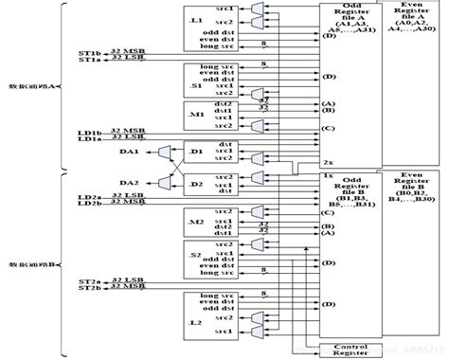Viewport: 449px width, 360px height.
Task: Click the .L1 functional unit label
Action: [x=196, y=20]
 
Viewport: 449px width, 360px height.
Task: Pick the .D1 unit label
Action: [x=196, y=151]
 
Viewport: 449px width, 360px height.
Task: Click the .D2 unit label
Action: [x=196, y=183]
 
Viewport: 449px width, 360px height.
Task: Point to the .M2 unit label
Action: [x=196, y=221]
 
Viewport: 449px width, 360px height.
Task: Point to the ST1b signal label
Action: [x=89, y=52]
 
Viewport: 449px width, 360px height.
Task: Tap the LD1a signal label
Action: [x=89, y=138]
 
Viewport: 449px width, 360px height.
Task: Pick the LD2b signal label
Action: [x=89, y=203]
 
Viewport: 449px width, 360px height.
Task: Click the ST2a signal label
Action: [x=89, y=281]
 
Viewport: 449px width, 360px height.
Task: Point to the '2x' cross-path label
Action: [x=327, y=162]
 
